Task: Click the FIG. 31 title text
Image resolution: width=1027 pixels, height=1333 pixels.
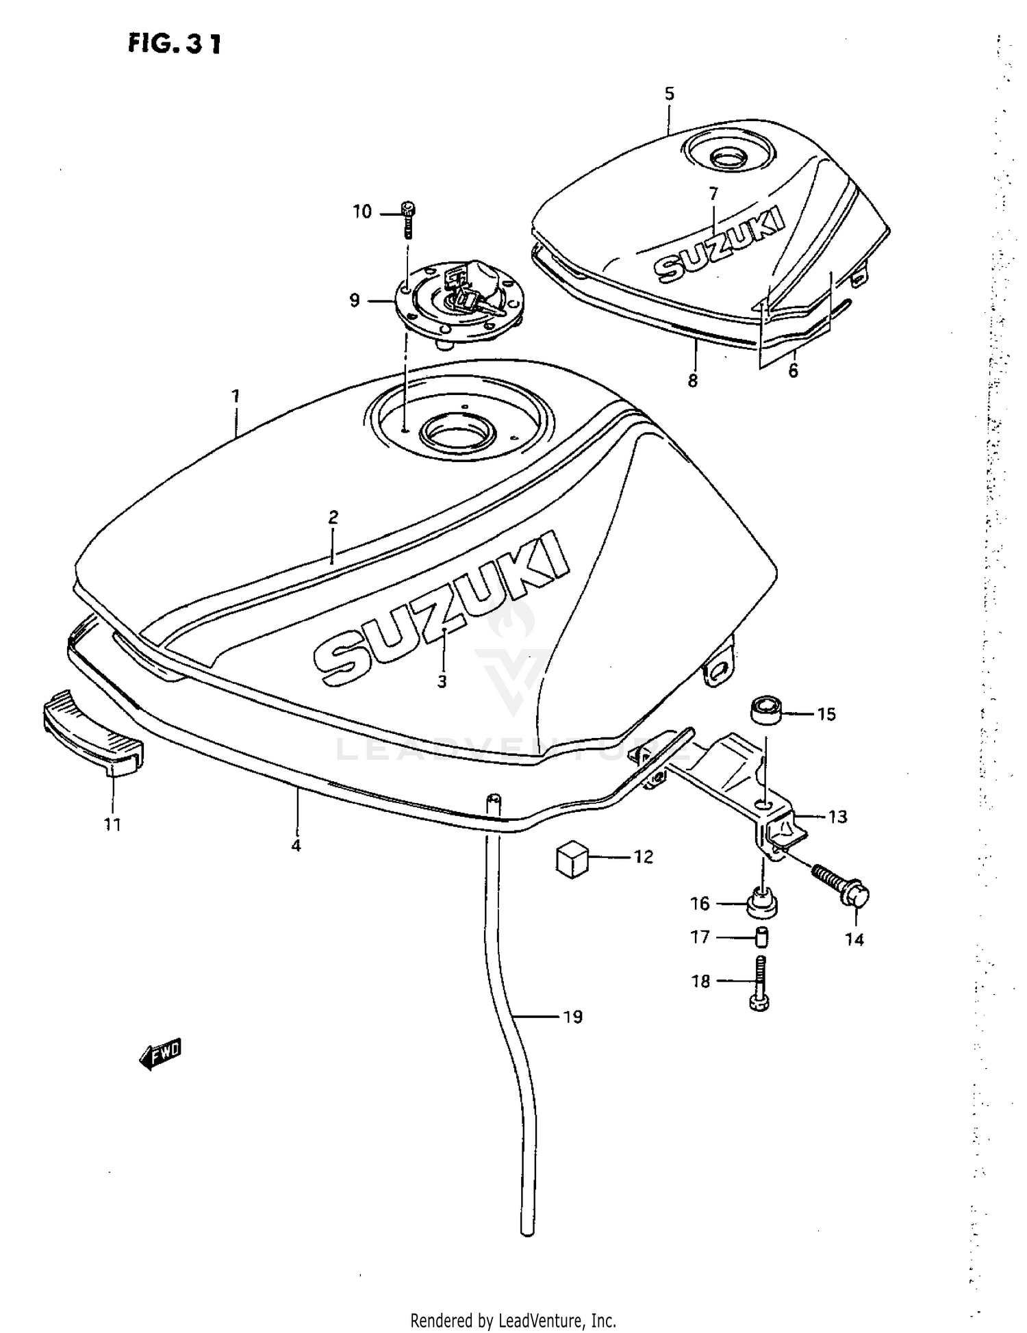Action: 175,44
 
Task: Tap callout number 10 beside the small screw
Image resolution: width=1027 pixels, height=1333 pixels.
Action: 362,212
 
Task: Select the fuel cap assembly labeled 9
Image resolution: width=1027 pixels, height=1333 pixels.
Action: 457,305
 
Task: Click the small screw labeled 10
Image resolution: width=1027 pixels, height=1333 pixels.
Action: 409,219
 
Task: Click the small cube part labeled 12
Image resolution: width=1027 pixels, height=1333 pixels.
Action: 572,859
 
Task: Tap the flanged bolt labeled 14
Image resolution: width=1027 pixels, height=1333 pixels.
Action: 841,887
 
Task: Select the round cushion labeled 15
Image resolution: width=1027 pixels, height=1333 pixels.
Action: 768,710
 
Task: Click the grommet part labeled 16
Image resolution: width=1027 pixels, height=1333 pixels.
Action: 761,902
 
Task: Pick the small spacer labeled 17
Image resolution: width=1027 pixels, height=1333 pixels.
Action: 761,936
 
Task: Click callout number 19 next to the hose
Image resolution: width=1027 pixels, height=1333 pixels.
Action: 572,1017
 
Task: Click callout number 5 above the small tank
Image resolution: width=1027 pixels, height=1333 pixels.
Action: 669,94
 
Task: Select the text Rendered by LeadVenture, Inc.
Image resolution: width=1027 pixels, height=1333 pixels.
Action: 513,1320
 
